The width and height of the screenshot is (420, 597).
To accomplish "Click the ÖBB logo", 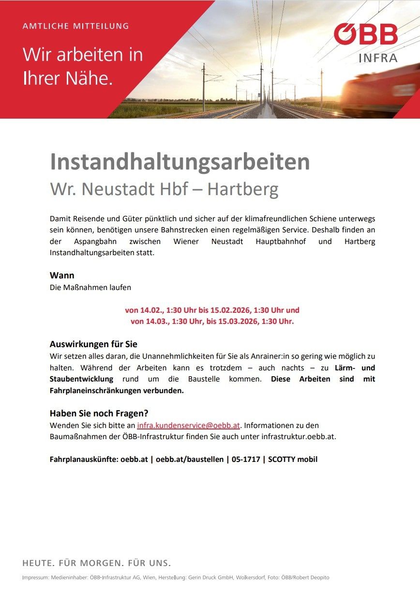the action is [365, 34].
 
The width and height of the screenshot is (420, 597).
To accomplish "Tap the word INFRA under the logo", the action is [378, 58].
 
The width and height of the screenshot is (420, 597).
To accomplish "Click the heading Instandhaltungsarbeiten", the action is [180, 162].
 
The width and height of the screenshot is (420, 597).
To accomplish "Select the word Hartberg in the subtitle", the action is [243, 189].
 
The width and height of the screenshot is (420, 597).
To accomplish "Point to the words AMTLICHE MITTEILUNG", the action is [76, 26].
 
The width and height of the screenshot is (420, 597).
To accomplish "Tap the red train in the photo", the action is [380, 92].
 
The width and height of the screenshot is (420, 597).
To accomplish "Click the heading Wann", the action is [62, 276].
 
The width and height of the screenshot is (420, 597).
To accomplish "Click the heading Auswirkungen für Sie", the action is [93, 344].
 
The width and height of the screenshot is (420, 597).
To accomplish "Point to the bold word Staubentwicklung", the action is [81, 379].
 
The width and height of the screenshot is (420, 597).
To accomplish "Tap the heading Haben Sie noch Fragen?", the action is [99, 413].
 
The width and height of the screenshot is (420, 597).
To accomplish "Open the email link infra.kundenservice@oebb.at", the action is [189, 426].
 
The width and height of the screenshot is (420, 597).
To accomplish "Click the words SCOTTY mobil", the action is [293, 459].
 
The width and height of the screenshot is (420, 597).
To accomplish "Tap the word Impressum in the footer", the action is [35, 578].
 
